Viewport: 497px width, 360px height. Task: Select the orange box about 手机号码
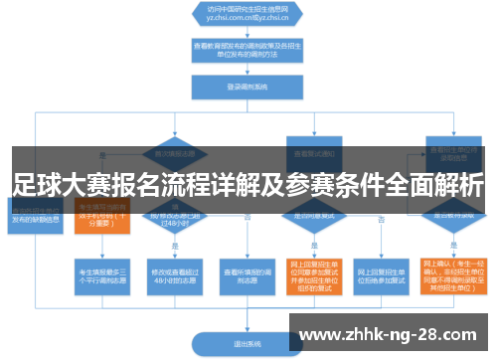click(x=102, y=216)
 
